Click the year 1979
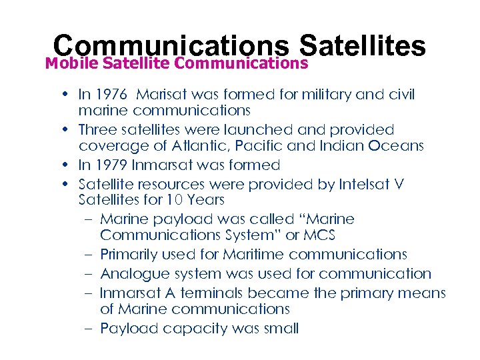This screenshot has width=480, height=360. tap(115, 165)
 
